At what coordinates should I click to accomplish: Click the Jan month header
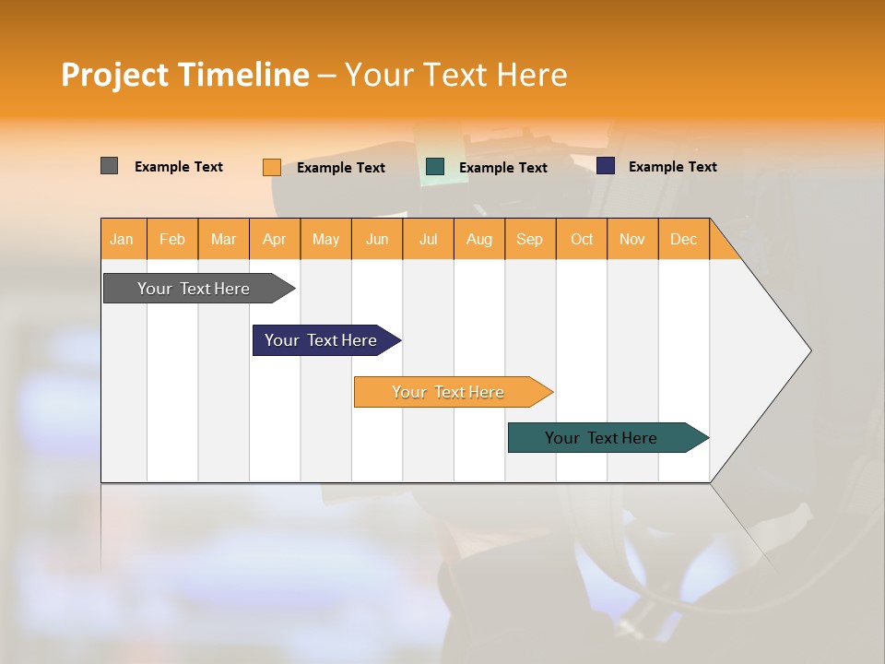(123, 239)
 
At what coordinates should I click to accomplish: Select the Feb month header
(172, 239)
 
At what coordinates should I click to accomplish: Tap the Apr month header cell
(275, 239)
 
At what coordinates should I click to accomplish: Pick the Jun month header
(377, 239)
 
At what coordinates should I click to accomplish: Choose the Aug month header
(479, 239)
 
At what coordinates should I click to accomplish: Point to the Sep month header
(530, 239)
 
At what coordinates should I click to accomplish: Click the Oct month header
(582, 239)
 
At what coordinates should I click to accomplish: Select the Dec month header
(684, 239)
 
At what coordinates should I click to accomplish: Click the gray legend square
(109, 166)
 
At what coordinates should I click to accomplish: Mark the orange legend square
(271, 167)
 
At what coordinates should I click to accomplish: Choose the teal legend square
(435, 167)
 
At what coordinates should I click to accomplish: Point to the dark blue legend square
(606, 166)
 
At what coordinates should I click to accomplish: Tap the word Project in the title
(114, 75)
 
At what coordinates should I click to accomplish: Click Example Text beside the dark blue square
(672, 167)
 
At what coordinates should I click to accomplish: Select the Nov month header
(632, 239)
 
